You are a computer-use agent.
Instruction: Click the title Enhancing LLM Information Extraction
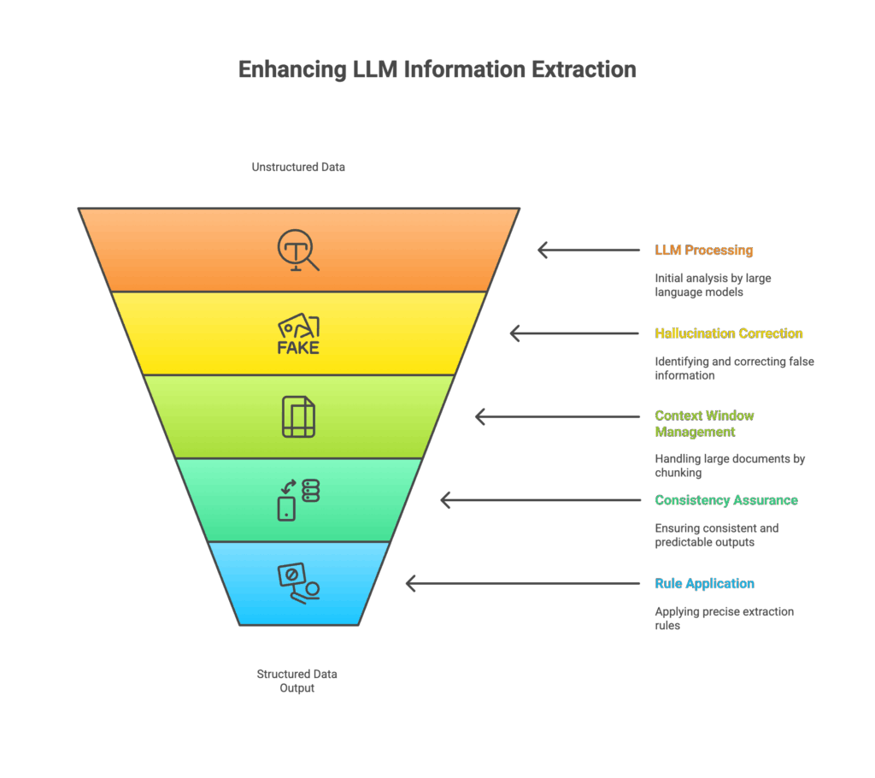[437, 70]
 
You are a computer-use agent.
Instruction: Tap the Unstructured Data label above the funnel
[298, 167]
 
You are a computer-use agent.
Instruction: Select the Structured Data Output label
[297, 681]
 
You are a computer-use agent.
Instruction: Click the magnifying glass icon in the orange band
[298, 250]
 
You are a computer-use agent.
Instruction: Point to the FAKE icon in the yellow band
[298, 333]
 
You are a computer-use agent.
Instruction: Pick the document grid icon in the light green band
[298, 416]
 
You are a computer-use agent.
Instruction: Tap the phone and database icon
[298, 500]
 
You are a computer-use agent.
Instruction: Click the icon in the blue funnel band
[298, 583]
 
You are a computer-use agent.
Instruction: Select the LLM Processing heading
[704, 250]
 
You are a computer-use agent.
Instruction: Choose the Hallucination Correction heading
[728, 333]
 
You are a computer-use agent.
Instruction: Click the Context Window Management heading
[704, 424]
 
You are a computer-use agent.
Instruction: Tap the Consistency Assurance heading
[726, 500]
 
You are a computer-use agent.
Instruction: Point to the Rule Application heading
[704, 584]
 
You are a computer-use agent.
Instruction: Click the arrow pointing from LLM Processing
[589, 250]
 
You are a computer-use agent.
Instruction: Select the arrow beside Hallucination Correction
[575, 333]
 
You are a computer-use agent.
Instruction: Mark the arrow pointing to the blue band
[523, 584]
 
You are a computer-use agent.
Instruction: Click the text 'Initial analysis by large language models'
[713, 285]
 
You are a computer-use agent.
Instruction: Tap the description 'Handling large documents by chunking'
[730, 466]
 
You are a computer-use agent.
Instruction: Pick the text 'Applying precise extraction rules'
[725, 618]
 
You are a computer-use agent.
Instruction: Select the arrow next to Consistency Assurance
[540, 500]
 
